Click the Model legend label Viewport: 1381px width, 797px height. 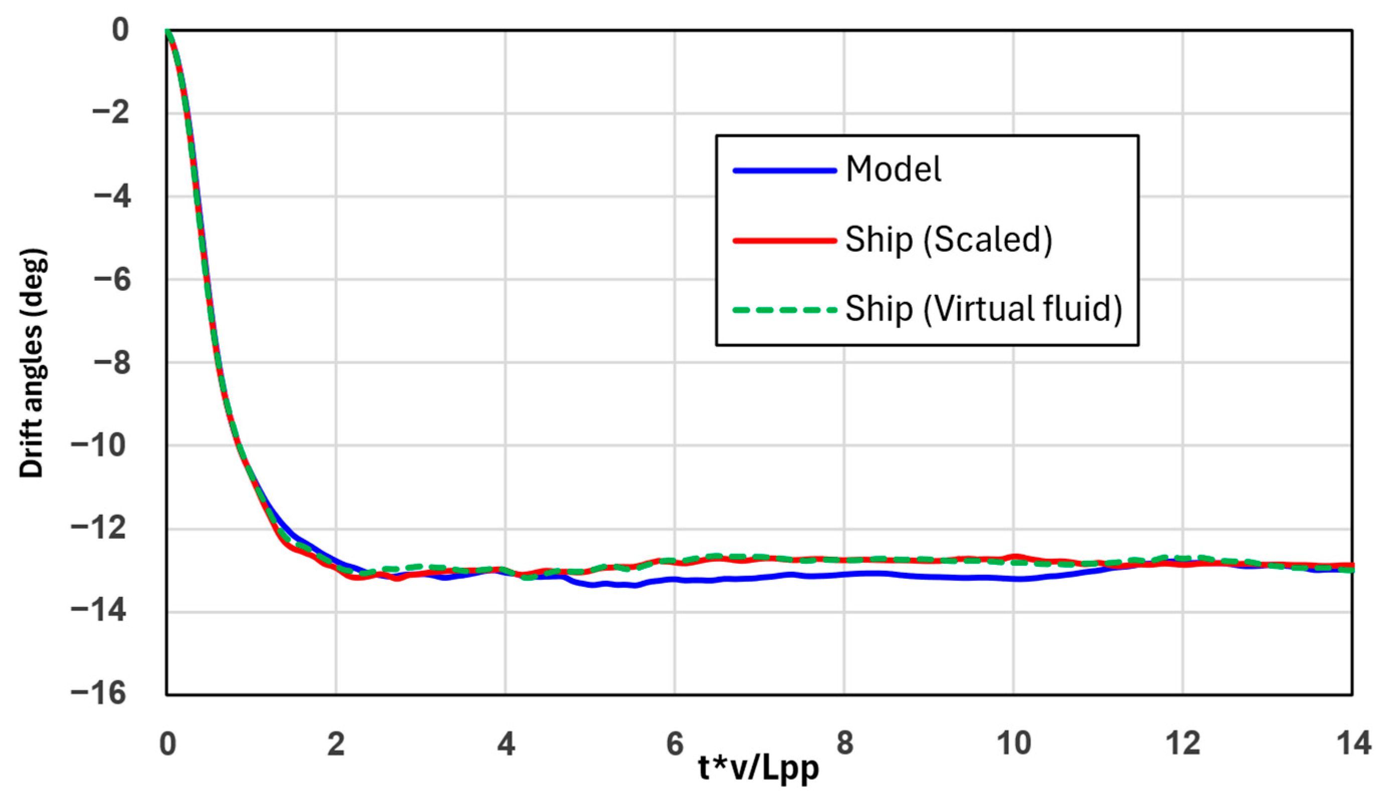tap(893, 169)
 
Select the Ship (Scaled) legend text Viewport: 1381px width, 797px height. tap(948, 239)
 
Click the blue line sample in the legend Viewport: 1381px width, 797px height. tap(785, 171)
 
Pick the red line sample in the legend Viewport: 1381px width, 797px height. tap(785, 240)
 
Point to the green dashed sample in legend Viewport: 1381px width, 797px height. tap(785, 310)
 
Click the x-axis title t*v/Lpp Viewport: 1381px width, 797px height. tap(758, 768)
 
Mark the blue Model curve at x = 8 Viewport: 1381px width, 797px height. tap(844, 574)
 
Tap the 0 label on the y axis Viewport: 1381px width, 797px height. tap(120, 30)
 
